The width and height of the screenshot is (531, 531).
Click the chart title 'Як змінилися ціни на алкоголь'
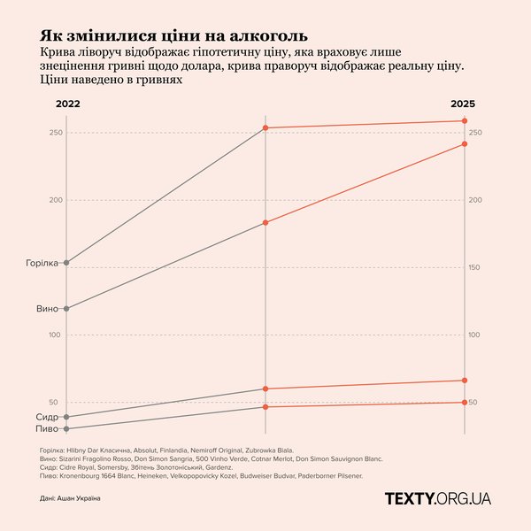pos(173,36)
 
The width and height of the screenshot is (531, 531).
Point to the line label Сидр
pos(48,417)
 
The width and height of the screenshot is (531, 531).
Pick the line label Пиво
pos(48,429)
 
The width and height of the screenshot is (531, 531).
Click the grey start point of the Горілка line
pos(66,263)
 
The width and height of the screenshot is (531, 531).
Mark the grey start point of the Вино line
pos(66,309)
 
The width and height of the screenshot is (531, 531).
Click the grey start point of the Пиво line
pos(66,429)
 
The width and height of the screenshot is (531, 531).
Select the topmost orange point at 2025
pos(466,121)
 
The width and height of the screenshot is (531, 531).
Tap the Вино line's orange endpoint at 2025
pos(466,144)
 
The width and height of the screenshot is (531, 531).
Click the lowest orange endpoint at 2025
pos(466,403)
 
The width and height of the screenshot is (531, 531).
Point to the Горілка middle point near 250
pos(266,128)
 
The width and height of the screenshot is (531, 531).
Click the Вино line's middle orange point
pos(266,223)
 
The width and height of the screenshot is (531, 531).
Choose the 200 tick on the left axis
pos(55,200)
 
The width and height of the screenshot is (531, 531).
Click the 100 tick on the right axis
pos(474,335)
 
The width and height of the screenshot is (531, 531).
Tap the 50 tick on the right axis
pos(474,403)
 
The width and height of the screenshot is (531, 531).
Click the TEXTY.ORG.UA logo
pos(437,499)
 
